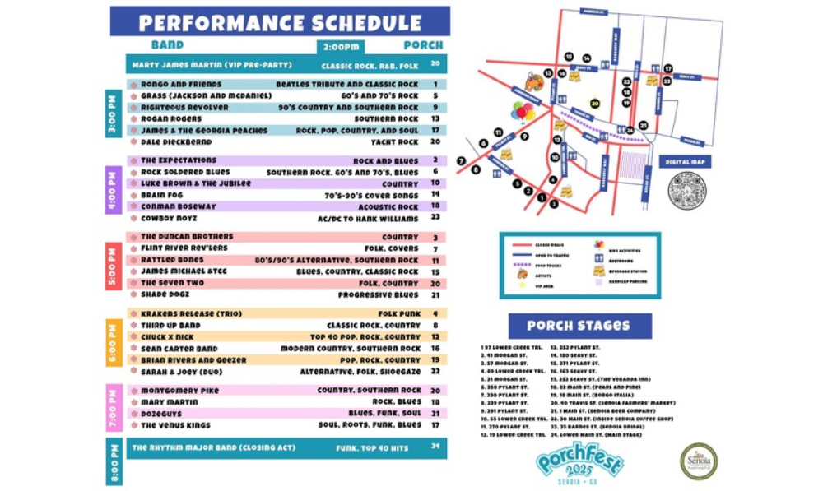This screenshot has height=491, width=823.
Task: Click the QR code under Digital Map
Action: [x=686, y=191]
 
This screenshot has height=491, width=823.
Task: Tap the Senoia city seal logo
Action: [x=698, y=461]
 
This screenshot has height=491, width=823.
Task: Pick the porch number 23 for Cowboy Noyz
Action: [x=435, y=218]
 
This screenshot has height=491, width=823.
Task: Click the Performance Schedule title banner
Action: [x=280, y=21]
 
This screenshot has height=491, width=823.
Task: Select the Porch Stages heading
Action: [x=579, y=326]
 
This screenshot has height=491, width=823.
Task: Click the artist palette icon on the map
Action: [x=534, y=82]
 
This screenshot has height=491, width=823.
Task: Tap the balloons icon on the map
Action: [x=522, y=111]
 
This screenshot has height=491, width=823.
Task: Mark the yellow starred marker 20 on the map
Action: [x=595, y=104]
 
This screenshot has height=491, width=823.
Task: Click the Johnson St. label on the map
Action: [x=593, y=12]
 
